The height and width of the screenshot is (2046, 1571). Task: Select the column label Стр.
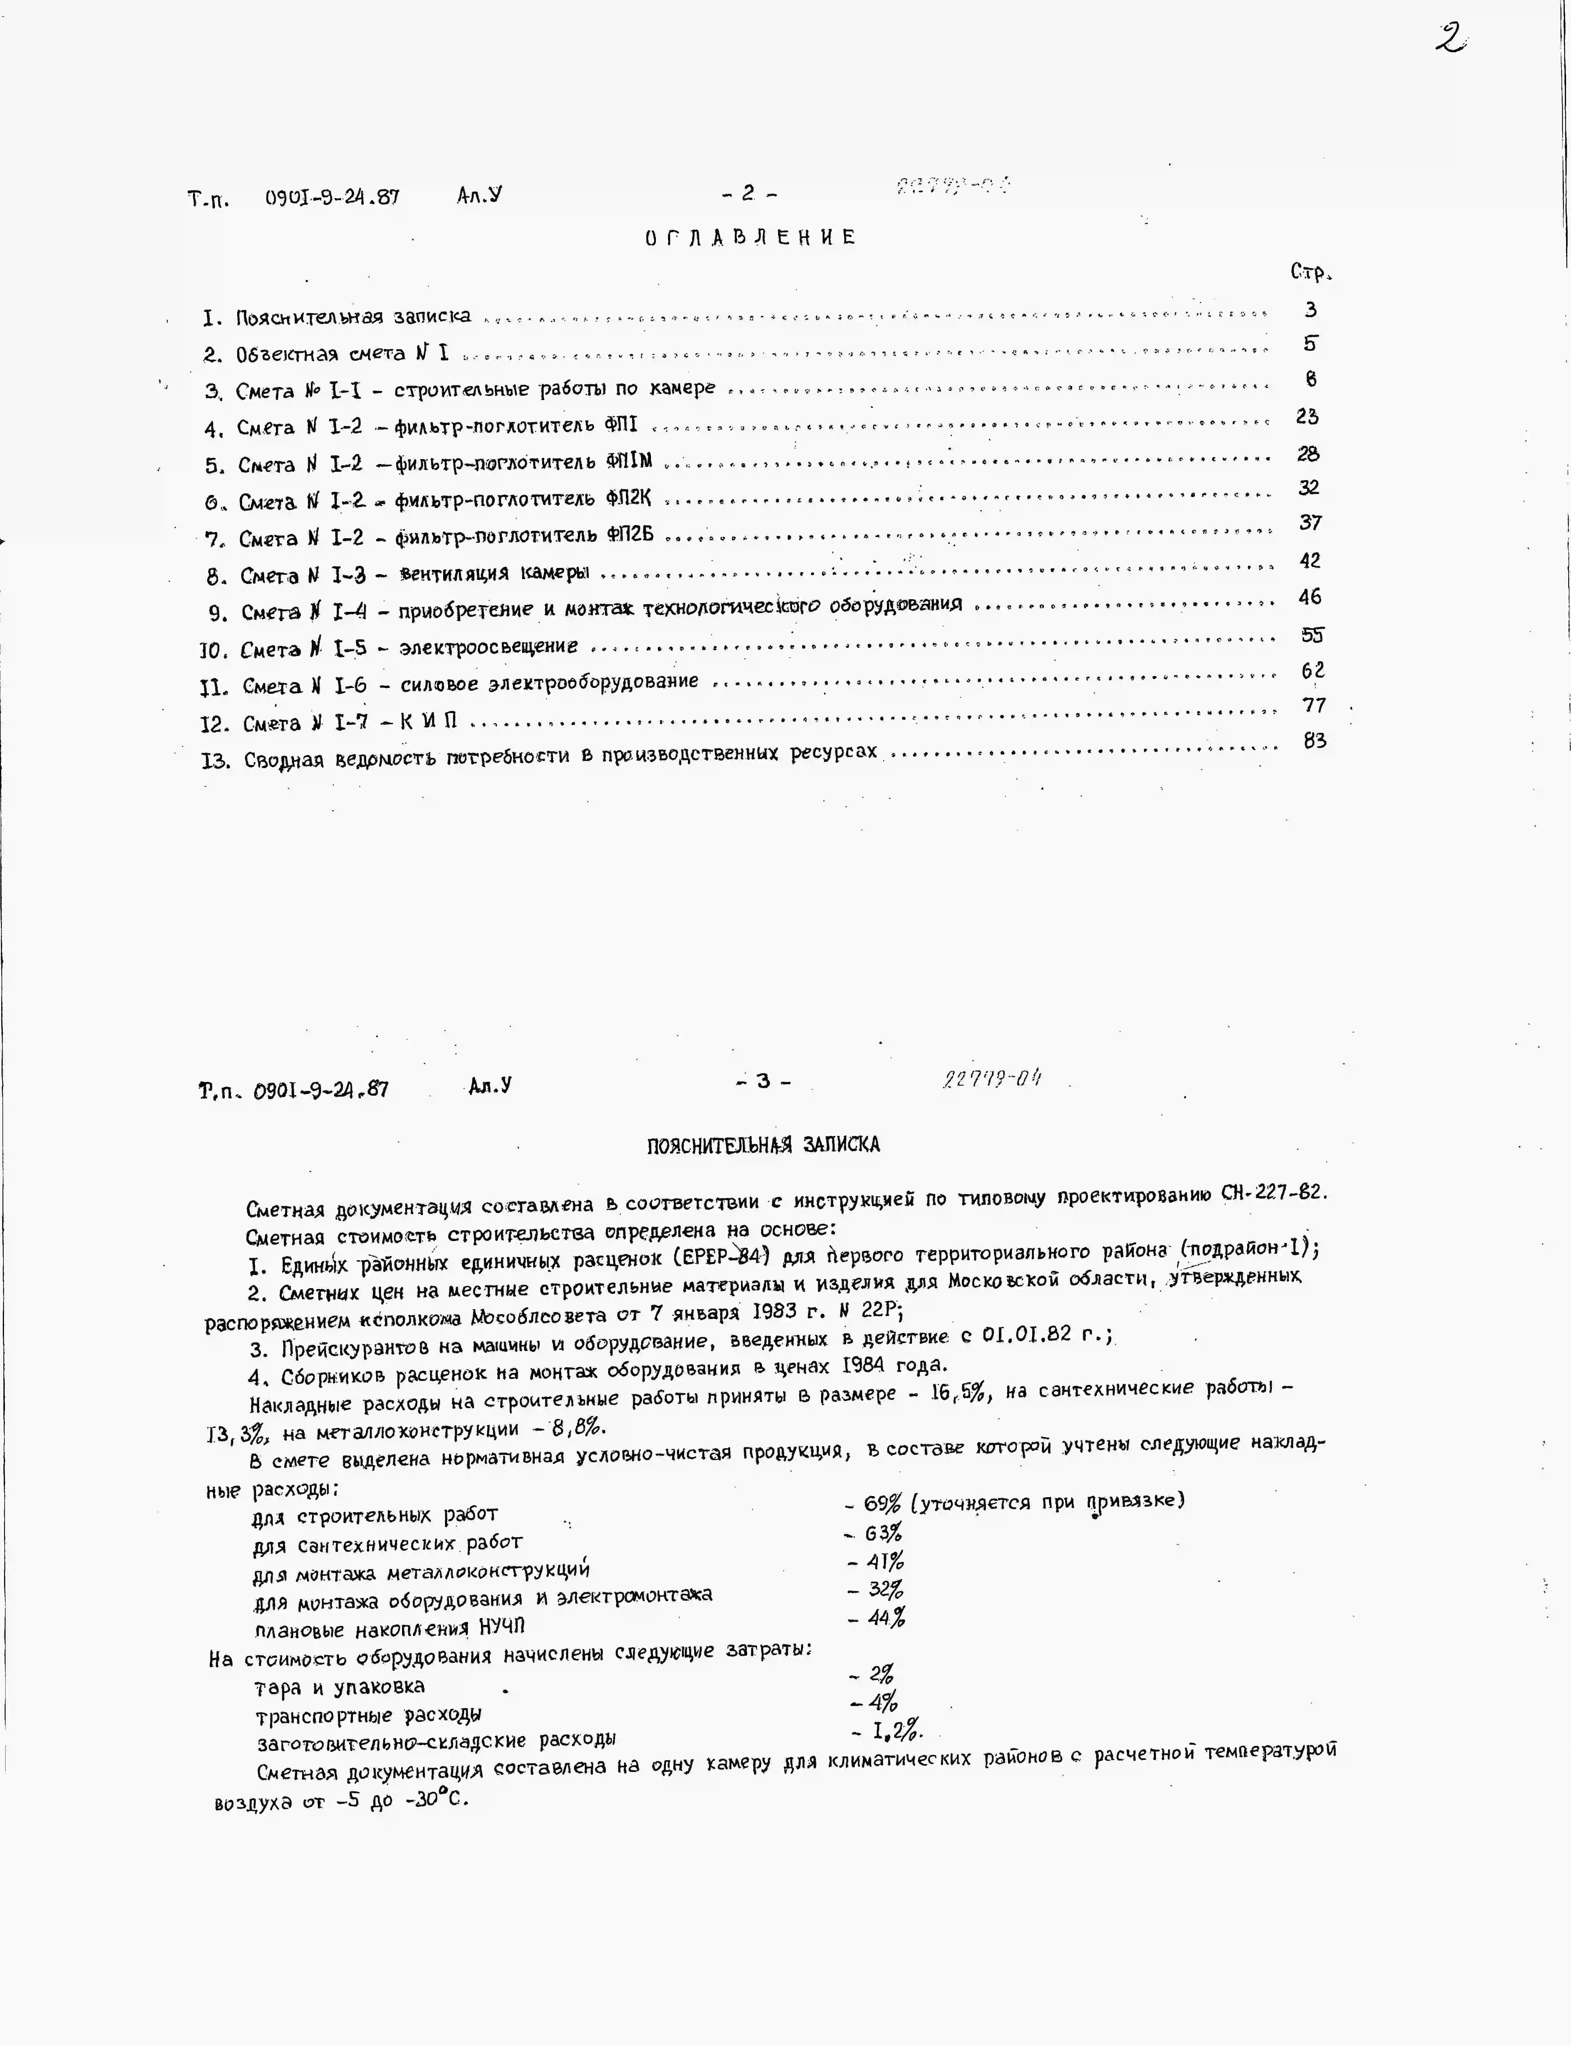[x=1310, y=272]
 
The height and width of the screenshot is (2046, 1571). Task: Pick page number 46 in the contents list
[x=1310, y=597]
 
